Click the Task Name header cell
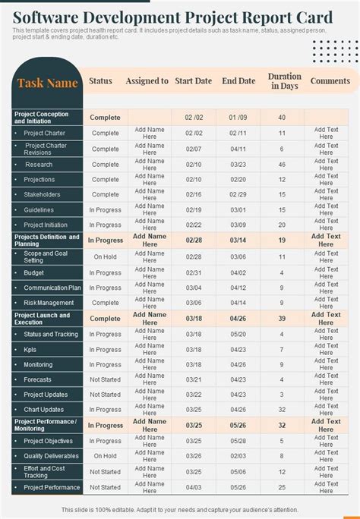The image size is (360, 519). click(48, 83)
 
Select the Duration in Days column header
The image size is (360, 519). click(284, 81)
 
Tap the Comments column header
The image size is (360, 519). click(330, 80)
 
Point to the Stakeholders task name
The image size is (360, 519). click(43, 194)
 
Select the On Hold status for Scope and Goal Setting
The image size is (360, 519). click(106, 256)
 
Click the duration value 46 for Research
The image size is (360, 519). click(282, 164)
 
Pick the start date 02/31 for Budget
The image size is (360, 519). click(194, 272)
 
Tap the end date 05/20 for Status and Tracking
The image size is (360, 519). click(238, 334)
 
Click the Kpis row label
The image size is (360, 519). click(31, 349)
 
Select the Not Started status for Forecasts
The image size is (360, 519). click(106, 379)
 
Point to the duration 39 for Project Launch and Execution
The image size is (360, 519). click(282, 319)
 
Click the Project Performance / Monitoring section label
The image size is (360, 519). click(46, 425)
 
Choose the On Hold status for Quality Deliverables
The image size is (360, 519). click(106, 456)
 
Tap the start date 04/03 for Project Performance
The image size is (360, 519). click(194, 487)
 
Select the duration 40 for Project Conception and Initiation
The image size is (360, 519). click(282, 118)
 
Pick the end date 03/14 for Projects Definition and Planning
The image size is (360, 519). click(238, 241)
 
